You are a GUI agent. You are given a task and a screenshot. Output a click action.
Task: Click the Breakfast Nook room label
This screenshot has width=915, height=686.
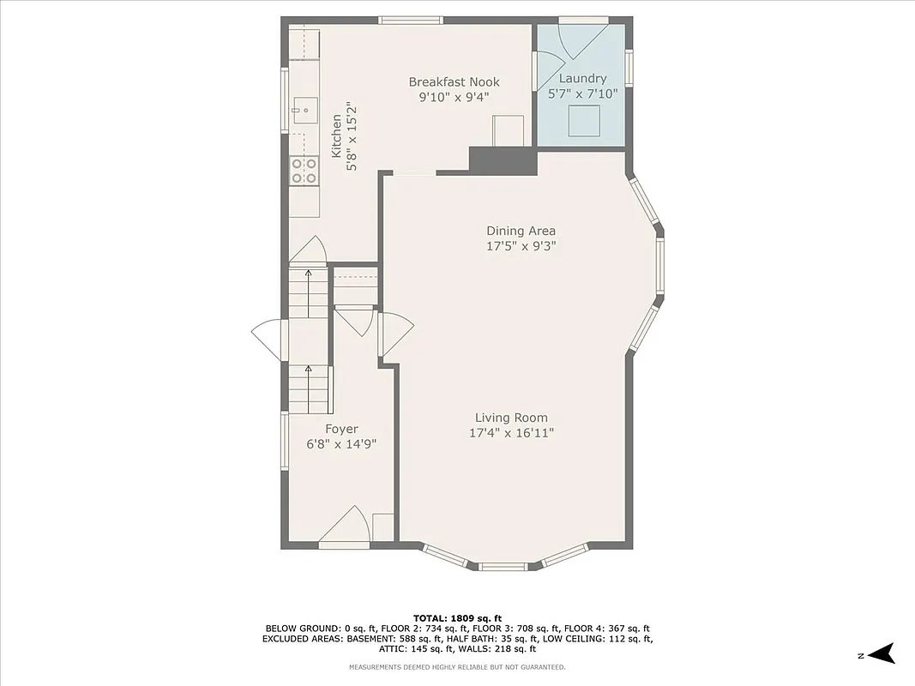tap(454, 82)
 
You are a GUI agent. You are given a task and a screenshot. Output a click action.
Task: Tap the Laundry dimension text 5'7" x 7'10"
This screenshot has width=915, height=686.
tap(582, 94)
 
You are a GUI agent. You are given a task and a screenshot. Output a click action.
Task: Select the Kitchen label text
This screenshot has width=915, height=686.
tap(336, 135)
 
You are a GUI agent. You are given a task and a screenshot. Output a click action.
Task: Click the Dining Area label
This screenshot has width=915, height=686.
tap(521, 231)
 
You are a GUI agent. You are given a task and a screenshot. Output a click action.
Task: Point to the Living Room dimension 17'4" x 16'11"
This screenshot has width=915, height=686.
tap(511, 433)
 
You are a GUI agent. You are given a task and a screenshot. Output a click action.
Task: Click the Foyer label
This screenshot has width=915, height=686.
tap(341, 429)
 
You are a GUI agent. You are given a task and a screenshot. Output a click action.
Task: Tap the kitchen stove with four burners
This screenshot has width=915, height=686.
tap(303, 171)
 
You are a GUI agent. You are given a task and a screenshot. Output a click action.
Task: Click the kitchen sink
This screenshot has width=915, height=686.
tap(304, 110)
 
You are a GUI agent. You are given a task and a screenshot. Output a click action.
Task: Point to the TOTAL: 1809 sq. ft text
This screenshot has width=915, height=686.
tap(457, 617)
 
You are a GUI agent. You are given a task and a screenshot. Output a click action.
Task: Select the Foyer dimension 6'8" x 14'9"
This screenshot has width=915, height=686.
tap(341, 444)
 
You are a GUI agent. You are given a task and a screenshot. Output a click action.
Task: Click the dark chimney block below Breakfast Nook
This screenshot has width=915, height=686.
tap(502, 160)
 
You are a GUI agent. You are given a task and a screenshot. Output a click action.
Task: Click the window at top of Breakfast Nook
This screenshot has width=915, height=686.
tap(411, 20)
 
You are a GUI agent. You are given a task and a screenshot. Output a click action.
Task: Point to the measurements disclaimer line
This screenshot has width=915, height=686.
tap(457, 667)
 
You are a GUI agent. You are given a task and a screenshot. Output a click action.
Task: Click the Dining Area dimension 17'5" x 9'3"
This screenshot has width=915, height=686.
tap(521, 246)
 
